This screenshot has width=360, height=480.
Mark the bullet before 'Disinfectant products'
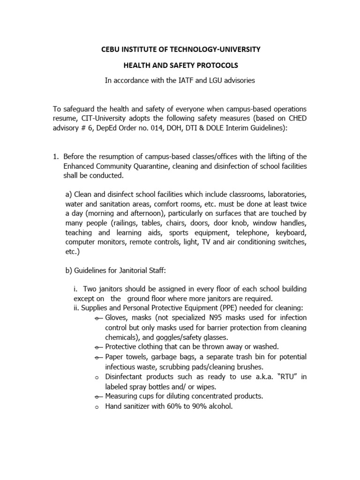pos(97,377)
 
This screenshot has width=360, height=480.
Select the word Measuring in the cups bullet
pos(123,396)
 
